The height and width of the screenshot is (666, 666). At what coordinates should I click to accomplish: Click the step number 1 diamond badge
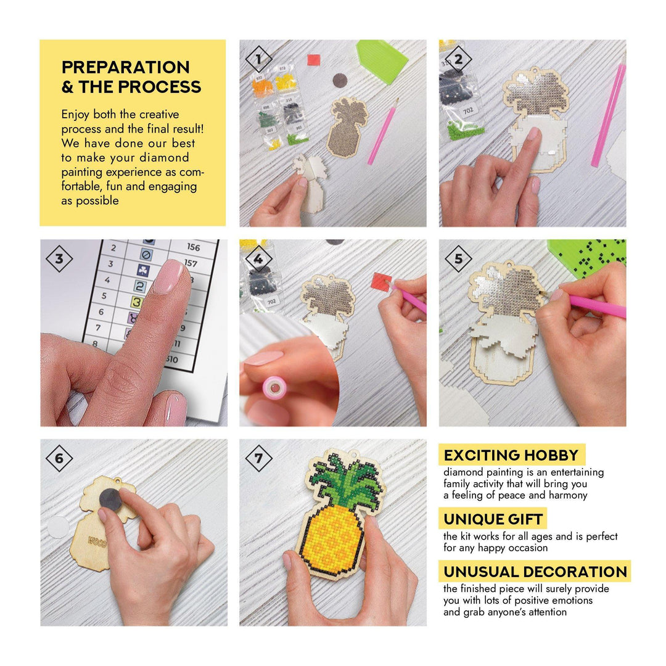click(x=258, y=59)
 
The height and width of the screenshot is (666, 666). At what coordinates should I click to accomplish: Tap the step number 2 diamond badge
click(x=458, y=59)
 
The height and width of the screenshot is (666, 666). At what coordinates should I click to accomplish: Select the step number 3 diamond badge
click(x=59, y=259)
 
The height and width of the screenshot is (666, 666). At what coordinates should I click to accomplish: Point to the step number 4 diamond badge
click(x=258, y=259)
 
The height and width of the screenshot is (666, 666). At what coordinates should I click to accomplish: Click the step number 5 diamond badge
click(x=458, y=259)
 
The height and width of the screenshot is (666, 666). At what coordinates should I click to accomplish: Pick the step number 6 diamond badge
click(x=59, y=458)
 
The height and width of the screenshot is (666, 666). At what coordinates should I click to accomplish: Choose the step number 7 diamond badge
click(x=258, y=458)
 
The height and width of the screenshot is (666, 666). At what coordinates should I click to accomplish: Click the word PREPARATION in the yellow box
click(x=125, y=67)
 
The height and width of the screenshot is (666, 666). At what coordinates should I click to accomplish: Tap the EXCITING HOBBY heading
click(x=511, y=456)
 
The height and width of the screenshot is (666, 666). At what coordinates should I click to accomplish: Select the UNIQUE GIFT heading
click(x=493, y=519)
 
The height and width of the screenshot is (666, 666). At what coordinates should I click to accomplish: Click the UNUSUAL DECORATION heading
click(x=535, y=572)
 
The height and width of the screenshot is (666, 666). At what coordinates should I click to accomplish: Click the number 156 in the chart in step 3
click(x=193, y=247)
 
